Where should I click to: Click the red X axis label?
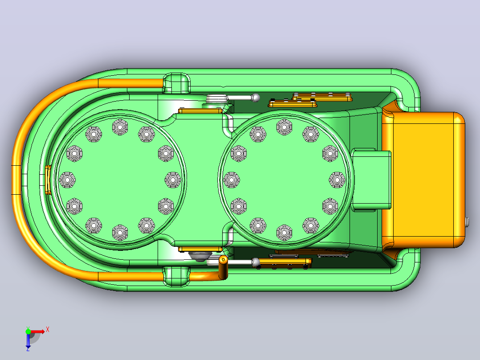tap(48, 330)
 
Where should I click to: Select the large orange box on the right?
tap(423, 180)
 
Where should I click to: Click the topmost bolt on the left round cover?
tap(120, 127)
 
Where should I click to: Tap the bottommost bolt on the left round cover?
tap(120, 233)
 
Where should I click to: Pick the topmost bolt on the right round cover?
tap(285, 127)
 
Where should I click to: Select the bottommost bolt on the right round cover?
tap(285, 233)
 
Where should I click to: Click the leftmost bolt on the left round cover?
tap(67, 180)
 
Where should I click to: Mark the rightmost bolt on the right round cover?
tap(337, 180)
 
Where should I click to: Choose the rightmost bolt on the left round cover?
tap(173, 180)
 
